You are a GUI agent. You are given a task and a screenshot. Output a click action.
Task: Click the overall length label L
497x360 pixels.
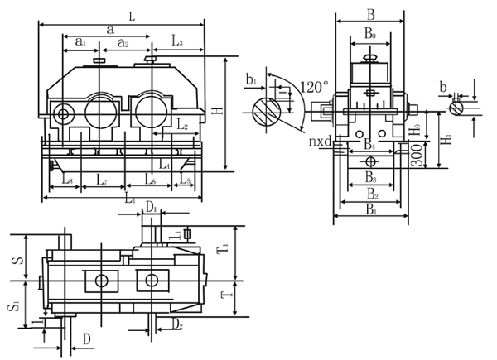point(133,14)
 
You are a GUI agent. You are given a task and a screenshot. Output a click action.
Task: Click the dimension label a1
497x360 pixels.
point(80,41)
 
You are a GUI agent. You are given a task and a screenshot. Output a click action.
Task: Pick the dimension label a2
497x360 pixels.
point(122,41)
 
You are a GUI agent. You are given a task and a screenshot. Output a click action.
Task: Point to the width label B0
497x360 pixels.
point(369,36)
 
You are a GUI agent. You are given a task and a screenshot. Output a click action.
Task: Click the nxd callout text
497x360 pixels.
point(321,144)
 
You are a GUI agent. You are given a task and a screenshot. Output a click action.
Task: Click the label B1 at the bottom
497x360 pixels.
point(369,211)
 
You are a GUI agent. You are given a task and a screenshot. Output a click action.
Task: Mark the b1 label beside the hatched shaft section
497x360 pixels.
point(252,80)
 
